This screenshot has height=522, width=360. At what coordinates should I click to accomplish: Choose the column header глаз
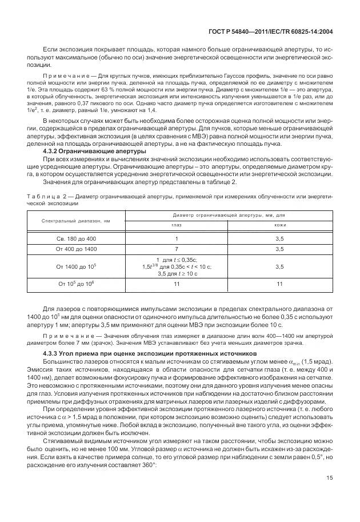click(x=176, y=225)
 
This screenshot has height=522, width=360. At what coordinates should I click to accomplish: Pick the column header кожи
click(x=280, y=225)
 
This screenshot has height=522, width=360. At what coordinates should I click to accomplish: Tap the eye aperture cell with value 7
click(x=176, y=249)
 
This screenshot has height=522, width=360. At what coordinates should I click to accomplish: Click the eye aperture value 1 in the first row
click(x=176, y=238)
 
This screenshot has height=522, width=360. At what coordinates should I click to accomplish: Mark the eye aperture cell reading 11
click(x=176, y=284)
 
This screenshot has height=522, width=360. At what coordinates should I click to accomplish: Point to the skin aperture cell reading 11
click(x=280, y=284)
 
